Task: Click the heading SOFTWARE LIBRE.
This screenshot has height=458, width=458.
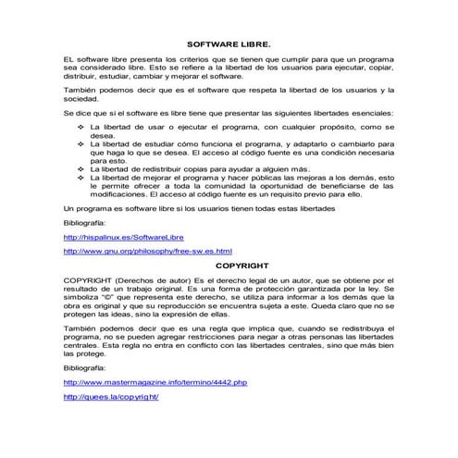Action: (229, 43)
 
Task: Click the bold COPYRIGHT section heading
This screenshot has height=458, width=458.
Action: (229, 265)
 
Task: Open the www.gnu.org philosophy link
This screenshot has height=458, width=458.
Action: (147, 252)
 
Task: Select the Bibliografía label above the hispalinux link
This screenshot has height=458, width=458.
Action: (84, 224)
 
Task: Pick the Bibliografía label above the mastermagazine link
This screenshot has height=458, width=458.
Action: (84, 368)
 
